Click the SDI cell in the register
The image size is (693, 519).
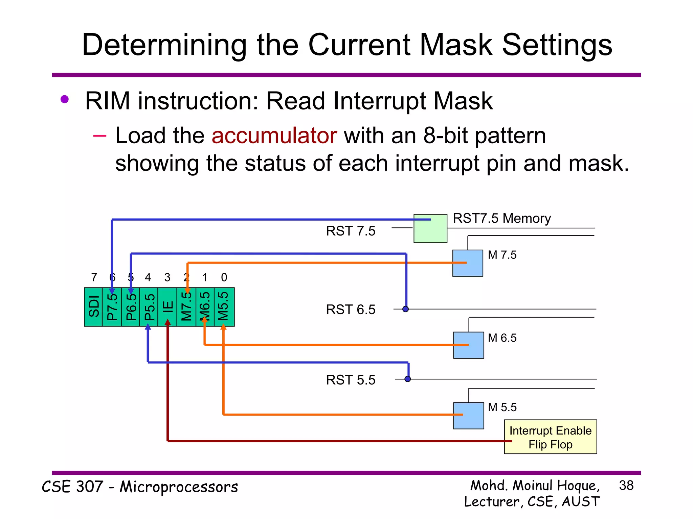pos(93,307)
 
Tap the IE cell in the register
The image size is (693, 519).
pos(167,307)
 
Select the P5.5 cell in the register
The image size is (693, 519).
pos(149,307)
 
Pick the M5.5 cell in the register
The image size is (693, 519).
pos(224,307)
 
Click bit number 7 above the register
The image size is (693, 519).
pos(94,277)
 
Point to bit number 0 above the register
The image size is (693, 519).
pos(224,277)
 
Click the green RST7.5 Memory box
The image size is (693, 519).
pos(430,229)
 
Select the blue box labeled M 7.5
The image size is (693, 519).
pos(468,263)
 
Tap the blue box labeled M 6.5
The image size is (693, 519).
pos(468,345)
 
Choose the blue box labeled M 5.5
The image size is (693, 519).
pos(468,416)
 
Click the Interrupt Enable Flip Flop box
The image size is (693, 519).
pos(550,437)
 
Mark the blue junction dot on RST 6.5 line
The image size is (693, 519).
pos(405,309)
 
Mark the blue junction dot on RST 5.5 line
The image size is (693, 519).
pos(408,379)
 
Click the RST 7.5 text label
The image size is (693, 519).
pos(351,231)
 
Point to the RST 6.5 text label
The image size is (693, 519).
pos(351,310)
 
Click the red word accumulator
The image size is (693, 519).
pos(274,136)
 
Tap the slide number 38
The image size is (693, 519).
pos(626,486)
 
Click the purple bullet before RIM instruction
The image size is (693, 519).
pos(64,99)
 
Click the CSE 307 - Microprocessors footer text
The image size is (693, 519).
pos(140,487)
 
